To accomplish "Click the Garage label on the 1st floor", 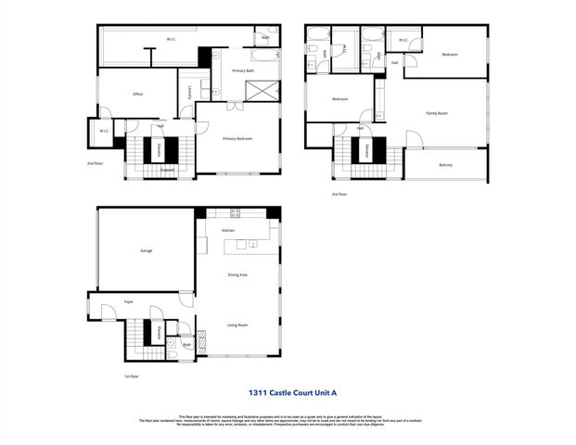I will pos(146,251).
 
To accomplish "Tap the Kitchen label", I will pos(227,230).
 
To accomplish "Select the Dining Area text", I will pos(237,274).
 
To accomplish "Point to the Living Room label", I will pos(237,324).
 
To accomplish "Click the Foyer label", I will pos(129,301).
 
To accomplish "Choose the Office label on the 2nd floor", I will pos(137,94).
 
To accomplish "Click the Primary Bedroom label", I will pos(237,139).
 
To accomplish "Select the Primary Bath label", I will pos(243,70).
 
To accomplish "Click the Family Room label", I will pos(437,113).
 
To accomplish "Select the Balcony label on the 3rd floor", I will pos(446,165).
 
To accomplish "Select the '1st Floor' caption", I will pos(132,376).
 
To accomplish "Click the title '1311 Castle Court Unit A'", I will pos(288,393).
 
